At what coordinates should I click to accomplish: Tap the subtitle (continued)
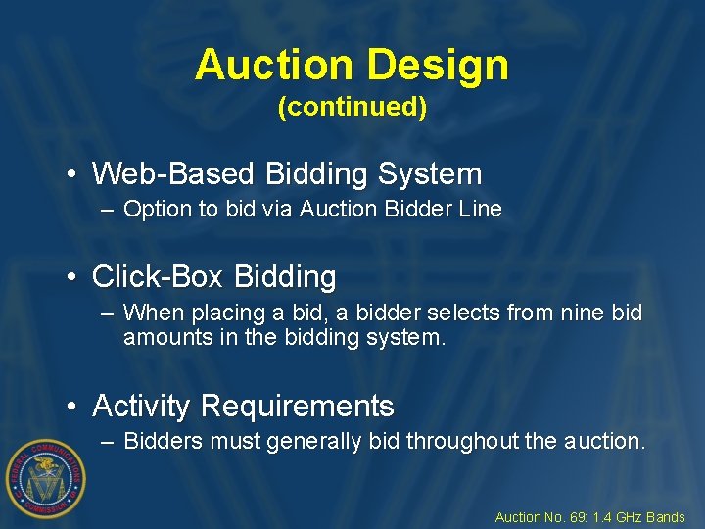(352, 107)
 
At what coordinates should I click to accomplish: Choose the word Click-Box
(159, 277)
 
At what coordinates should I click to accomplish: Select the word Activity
(141, 406)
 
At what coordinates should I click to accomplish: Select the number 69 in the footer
(576, 517)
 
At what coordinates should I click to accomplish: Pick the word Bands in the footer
(666, 517)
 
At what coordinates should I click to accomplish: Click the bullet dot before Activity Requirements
(73, 407)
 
